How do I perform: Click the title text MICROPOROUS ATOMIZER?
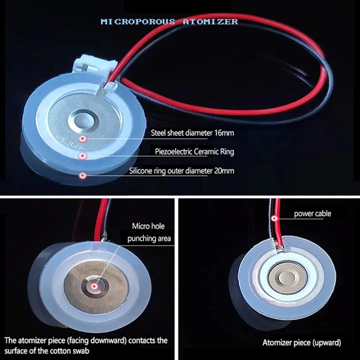[169, 21]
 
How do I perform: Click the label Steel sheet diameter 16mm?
[192, 132]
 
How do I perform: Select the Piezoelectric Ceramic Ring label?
[194, 151]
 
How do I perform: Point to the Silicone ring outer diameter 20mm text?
[181, 171]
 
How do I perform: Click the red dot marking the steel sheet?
[82, 138]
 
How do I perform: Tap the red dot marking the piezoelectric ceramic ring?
[82, 156]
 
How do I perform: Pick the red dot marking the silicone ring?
[82, 175]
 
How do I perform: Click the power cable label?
[312, 214]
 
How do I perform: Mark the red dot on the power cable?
[274, 218]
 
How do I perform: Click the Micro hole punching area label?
[149, 232]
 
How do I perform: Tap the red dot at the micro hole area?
[94, 286]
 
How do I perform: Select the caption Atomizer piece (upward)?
[301, 342]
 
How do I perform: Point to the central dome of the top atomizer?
[83, 120]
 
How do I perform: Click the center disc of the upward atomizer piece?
[287, 278]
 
